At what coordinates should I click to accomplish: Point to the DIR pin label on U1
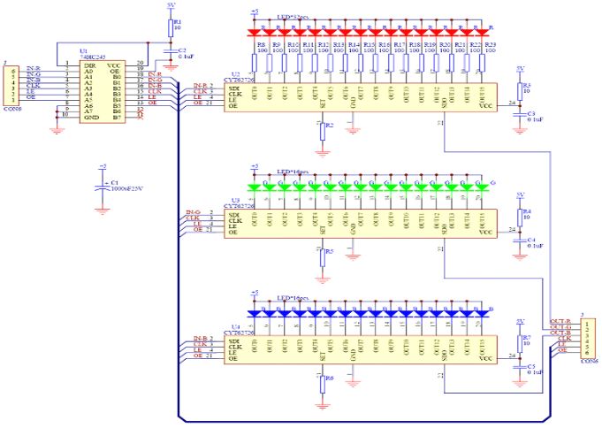point(88,65)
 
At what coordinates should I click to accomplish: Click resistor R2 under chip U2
point(322,129)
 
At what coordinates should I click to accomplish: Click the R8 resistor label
point(262,43)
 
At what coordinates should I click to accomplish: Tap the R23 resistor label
point(491,43)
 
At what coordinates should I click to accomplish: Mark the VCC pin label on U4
point(484,358)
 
